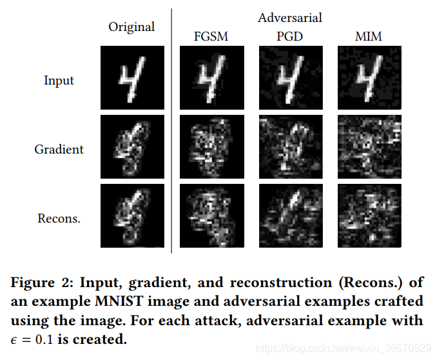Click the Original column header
tap(131, 27)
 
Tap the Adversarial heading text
tap(290, 17)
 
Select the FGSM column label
tap(211, 36)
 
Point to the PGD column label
tap(289, 36)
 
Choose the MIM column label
tap(369, 36)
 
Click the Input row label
tap(59, 81)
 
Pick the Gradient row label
tap(59, 149)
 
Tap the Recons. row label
tap(59, 218)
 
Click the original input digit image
tap(131, 77)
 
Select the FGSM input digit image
tap(211, 77)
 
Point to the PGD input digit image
tap(291, 77)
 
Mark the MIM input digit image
tap(369, 77)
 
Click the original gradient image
tap(131, 146)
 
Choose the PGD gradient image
tap(291, 146)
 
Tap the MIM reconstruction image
tap(369, 216)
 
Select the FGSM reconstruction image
tap(211, 216)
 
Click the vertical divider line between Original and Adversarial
tap(171, 129)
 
